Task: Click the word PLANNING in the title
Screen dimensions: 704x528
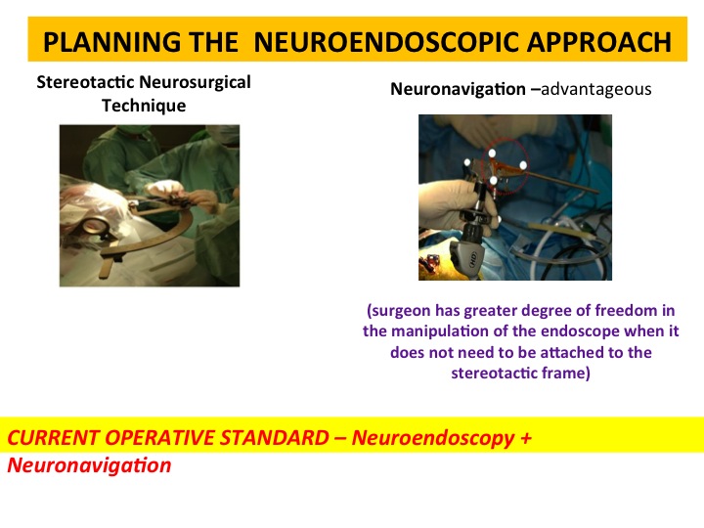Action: point(111,42)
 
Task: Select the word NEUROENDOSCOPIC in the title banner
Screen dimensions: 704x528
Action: point(386,42)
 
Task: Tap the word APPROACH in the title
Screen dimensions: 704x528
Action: point(599,42)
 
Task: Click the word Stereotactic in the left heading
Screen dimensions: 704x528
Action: point(85,82)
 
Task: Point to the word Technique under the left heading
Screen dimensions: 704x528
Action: point(144,106)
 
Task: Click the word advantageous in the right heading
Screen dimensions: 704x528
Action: point(596,89)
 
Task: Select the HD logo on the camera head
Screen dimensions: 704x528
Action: point(473,259)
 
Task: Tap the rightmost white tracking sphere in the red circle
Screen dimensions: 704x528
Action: point(523,165)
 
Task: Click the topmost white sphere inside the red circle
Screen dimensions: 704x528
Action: point(492,154)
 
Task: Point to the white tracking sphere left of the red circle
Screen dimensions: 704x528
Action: point(467,162)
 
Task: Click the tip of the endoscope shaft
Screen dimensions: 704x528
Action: point(597,192)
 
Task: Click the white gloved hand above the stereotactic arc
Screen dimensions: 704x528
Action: point(164,187)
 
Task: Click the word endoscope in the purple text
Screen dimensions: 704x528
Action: point(571,331)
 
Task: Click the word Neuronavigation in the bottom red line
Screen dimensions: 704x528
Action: point(89,465)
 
